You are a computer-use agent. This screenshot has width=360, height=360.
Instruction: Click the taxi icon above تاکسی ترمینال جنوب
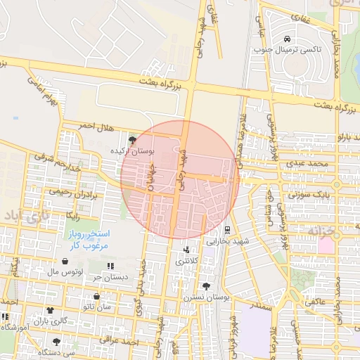(x=287, y=39)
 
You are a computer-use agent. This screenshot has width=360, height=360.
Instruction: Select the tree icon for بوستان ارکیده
(x=133, y=141)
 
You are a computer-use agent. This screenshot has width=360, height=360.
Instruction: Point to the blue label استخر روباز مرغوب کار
(x=86, y=238)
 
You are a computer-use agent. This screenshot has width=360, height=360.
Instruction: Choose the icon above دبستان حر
(x=110, y=266)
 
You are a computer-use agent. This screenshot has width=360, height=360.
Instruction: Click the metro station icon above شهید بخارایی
(x=226, y=229)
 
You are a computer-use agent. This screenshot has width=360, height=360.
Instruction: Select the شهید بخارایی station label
(x=227, y=240)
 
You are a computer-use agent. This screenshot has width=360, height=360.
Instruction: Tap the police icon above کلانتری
(x=186, y=250)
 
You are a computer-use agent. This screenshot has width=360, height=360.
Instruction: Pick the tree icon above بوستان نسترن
(x=206, y=287)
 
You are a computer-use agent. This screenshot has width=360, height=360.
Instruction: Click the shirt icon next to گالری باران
(x=50, y=310)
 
